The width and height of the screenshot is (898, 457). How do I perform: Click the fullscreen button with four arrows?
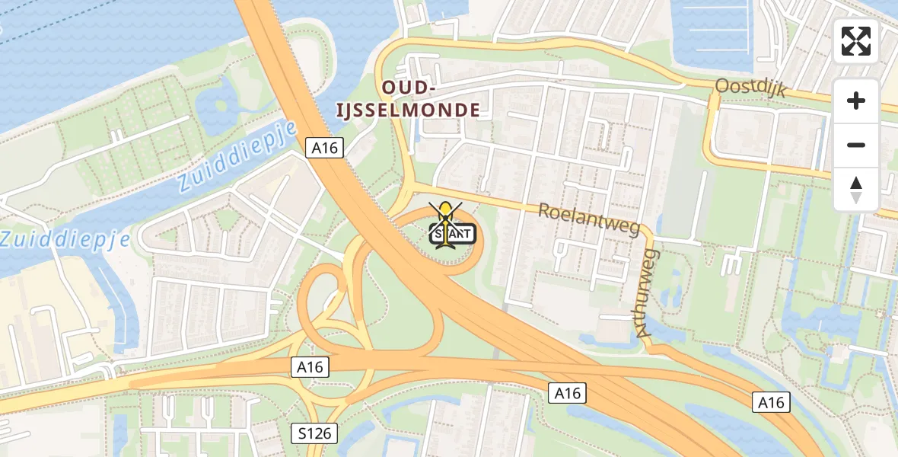pos(856,41)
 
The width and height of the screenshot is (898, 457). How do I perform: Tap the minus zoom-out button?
pos(856,145)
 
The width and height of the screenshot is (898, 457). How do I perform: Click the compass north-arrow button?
pos(856,189)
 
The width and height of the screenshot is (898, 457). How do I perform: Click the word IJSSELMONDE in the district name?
pos(409,110)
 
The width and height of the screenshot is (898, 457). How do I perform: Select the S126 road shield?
pos(314,434)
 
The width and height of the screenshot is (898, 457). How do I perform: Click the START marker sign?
pos(454,235)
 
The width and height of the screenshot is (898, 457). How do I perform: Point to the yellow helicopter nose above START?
pos(445,207)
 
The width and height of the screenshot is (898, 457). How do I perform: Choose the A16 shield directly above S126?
pos(310,367)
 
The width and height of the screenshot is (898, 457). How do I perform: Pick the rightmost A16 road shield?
pos(771,402)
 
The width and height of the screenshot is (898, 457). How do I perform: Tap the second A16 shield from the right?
pos(567,393)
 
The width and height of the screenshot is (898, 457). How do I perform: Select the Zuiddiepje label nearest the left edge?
pos(64,240)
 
